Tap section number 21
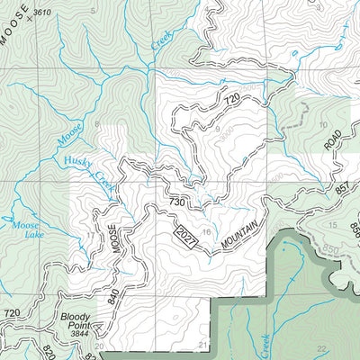203,345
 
